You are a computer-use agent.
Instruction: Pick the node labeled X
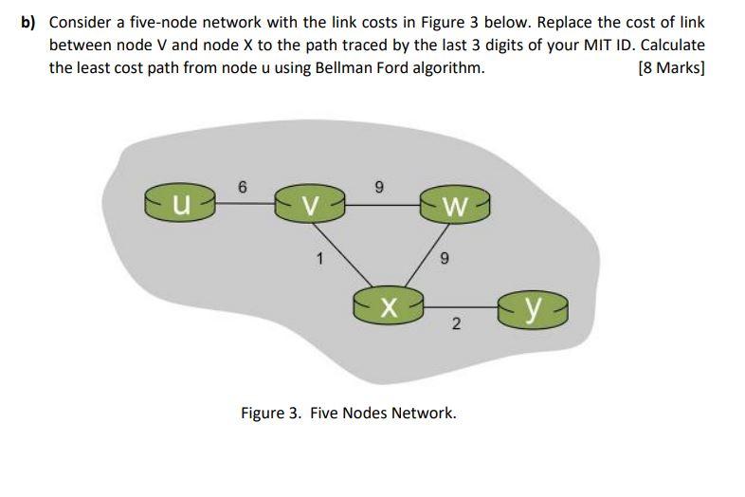pos(386,305)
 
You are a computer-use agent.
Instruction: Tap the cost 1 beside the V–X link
pos(320,257)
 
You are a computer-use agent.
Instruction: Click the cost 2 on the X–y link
pos(456,324)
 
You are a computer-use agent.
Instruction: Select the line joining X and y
pos(464,306)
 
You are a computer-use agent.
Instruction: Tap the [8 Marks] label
pos(672,67)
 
